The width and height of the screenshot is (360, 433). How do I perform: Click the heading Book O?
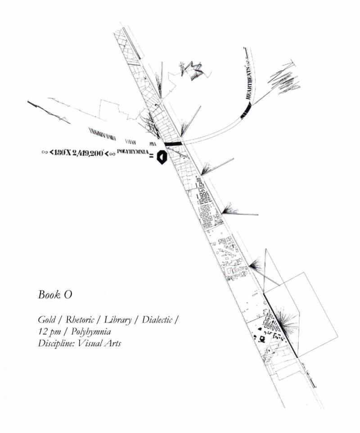55,295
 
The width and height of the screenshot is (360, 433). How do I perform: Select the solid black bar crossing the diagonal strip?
172,144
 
